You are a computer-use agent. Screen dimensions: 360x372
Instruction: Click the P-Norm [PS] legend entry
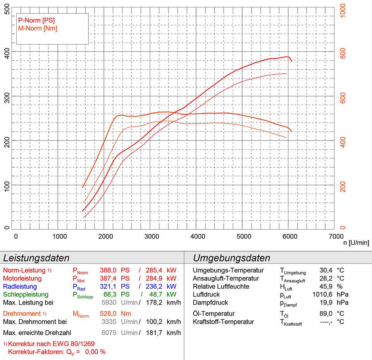pyautogui.click(x=36, y=20)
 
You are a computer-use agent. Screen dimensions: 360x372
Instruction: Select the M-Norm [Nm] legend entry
pyautogui.click(x=37, y=28)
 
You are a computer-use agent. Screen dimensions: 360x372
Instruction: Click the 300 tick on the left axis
pyautogui.click(x=6, y=96)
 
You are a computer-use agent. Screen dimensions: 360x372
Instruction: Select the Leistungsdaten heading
pyautogui.click(x=36, y=258)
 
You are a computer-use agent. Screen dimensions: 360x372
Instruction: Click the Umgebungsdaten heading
pyautogui.click(x=231, y=258)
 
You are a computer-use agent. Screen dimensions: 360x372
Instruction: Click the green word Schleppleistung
pyautogui.click(x=26, y=295)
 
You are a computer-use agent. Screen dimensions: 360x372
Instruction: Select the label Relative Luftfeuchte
pyautogui.click(x=221, y=287)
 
